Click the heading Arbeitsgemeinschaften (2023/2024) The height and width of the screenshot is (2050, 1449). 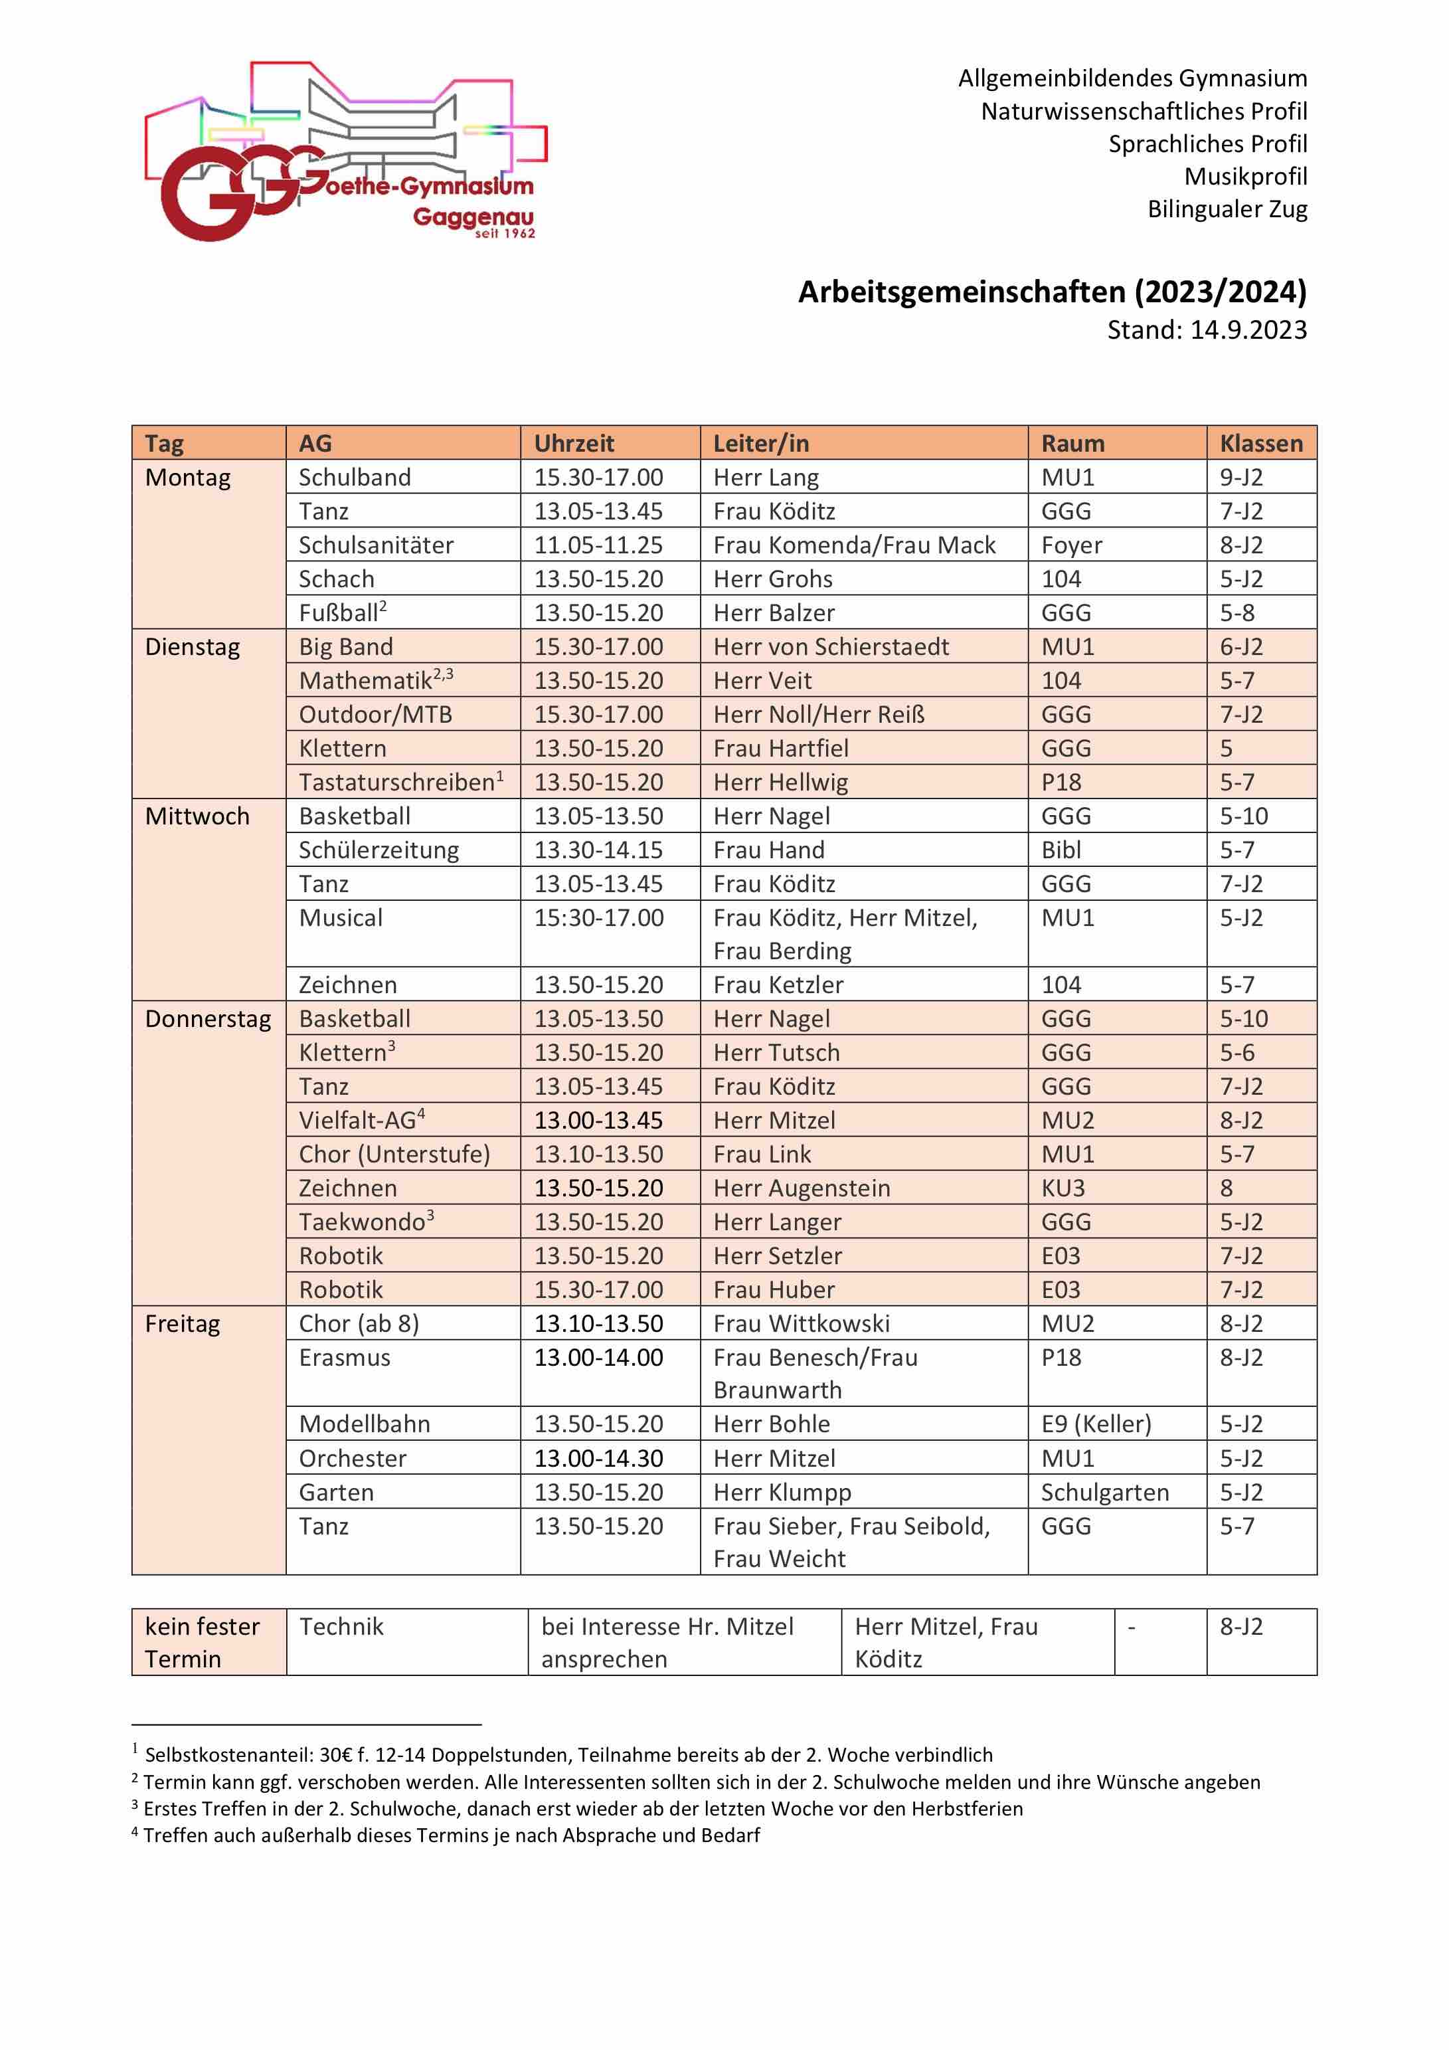click(x=1052, y=292)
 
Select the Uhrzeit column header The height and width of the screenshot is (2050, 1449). click(x=574, y=444)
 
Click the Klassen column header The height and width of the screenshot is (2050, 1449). click(x=1260, y=444)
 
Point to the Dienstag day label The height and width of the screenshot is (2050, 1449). click(x=192, y=647)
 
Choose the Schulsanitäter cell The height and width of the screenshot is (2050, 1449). click(x=376, y=545)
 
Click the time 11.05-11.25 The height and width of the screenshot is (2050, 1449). click(x=598, y=545)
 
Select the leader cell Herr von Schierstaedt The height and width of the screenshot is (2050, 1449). click(x=830, y=647)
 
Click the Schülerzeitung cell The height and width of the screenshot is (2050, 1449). click(x=379, y=851)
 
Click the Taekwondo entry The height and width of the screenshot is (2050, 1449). click(x=363, y=1223)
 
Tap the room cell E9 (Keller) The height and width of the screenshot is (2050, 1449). click(x=1096, y=1425)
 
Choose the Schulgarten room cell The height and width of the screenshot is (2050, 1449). click(x=1104, y=1493)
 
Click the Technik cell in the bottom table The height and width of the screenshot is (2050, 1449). click(x=341, y=1628)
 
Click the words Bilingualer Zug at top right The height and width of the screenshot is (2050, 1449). click(x=1227, y=210)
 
